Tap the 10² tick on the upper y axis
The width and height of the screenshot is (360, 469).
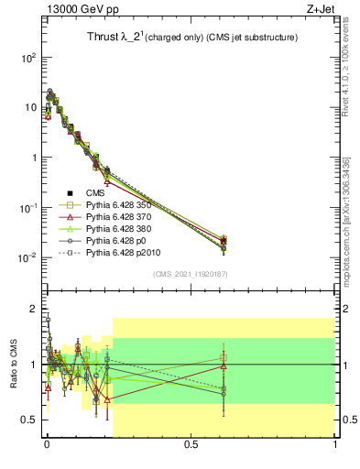28,57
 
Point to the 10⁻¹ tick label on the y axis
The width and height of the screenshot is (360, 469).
28,208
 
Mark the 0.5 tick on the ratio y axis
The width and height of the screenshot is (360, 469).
31,420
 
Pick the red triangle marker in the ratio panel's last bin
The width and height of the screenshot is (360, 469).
223,366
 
